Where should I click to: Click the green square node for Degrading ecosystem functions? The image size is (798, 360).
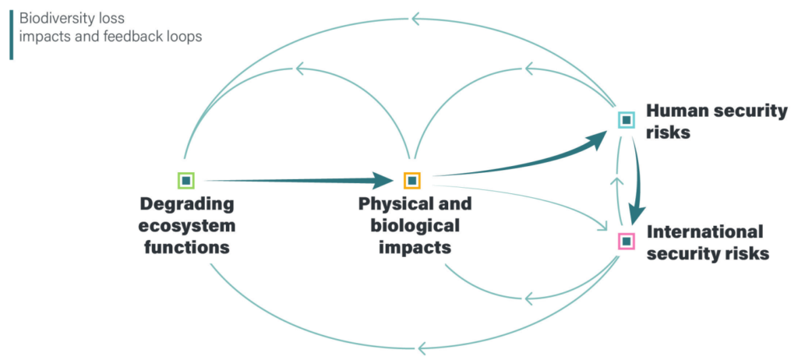(x=185, y=181)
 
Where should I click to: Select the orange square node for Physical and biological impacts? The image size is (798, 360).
(x=411, y=181)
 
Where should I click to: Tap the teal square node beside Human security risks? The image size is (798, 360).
(x=627, y=120)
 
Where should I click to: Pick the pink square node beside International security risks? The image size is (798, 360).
(x=627, y=241)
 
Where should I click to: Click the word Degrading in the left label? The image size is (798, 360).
(x=187, y=204)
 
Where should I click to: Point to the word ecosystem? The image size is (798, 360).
(x=187, y=226)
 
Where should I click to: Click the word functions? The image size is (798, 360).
(x=187, y=248)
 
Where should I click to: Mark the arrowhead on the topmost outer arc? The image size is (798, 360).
(x=417, y=17)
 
